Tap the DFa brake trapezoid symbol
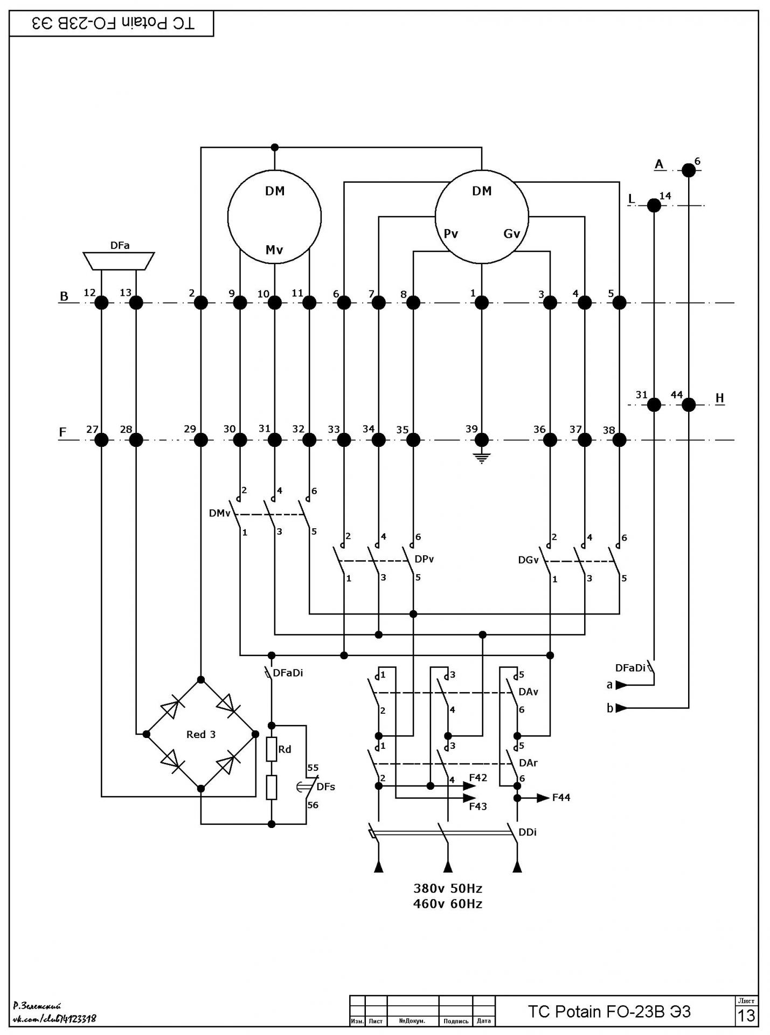pyautogui.click(x=119, y=260)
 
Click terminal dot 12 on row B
pyautogui.click(x=101, y=303)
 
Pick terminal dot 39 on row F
pyautogui.click(x=482, y=440)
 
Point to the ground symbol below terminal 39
pyautogui.click(x=482, y=459)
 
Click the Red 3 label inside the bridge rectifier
pyautogui.click(x=201, y=734)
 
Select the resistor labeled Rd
pyautogui.click(x=272, y=749)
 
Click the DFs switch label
pyautogui.click(x=325, y=786)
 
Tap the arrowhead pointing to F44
pyautogui.click(x=543, y=798)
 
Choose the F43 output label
pyautogui.click(x=478, y=806)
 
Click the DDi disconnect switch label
pyautogui.click(x=528, y=832)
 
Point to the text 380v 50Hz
pyautogui.click(x=448, y=888)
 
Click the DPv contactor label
pyautogui.click(x=424, y=559)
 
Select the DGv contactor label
pyautogui.click(x=528, y=560)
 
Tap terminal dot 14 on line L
pyautogui.click(x=654, y=205)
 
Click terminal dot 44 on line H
pyautogui.click(x=689, y=404)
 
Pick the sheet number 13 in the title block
pyautogui.click(x=746, y=1016)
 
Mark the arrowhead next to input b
pyautogui.click(x=621, y=708)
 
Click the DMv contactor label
pyautogui.click(x=219, y=513)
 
